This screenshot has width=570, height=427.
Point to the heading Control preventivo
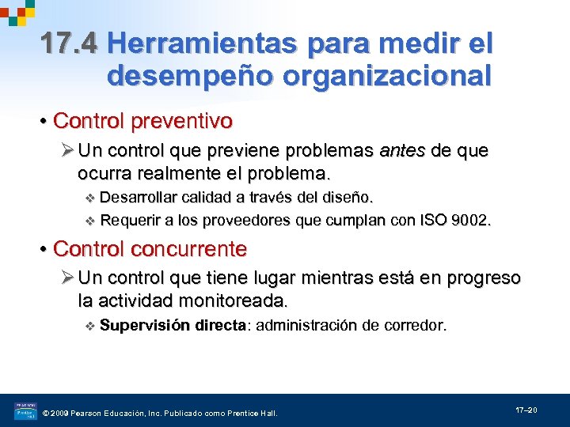142,121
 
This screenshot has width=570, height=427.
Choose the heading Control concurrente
150,249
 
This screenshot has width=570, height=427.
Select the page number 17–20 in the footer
526,410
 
